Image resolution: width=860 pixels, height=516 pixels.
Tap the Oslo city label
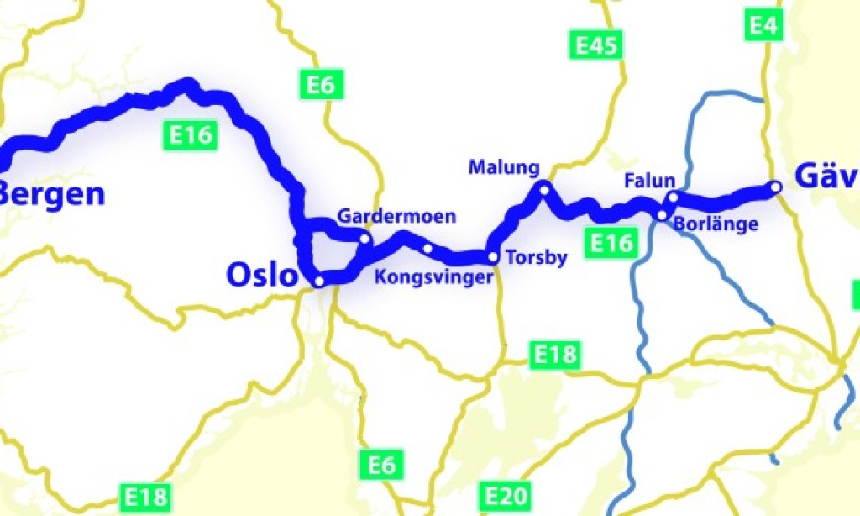pyautogui.click(x=261, y=275)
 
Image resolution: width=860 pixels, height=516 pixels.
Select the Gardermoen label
pyautogui.click(x=396, y=217)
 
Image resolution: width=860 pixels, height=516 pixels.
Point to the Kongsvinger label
pyautogui.click(x=432, y=277)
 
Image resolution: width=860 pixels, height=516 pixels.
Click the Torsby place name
pyautogui.click(x=537, y=257)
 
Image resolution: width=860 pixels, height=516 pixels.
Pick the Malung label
pyautogui.click(x=504, y=167)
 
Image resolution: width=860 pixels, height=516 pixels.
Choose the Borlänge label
pyautogui.click(x=716, y=224)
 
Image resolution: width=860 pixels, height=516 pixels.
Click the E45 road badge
pyautogui.click(x=596, y=45)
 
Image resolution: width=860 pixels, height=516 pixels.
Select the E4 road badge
pyautogui.click(x=763, y=26)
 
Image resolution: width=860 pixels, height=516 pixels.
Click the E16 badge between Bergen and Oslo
pyautogui.click(x=190, y=134)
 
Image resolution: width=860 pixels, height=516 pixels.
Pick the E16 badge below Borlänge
pyautogui.click(x=610, y=243)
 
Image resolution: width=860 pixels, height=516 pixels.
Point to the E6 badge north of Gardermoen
pyautogui.click(x=321, y=85)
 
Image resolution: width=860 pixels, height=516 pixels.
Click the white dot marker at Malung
pyautogui.click(x=544, y=190)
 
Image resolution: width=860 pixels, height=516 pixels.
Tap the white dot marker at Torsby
pyautogui.click(x=493, y=258)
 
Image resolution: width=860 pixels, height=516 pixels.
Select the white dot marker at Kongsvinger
pyautogui.click(x=427, y=248)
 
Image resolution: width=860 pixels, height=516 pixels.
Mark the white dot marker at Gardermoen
pyautogui.click(x=364, y=240)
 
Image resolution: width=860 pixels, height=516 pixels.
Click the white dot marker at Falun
pyautogui.click(x=672, y=197)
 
